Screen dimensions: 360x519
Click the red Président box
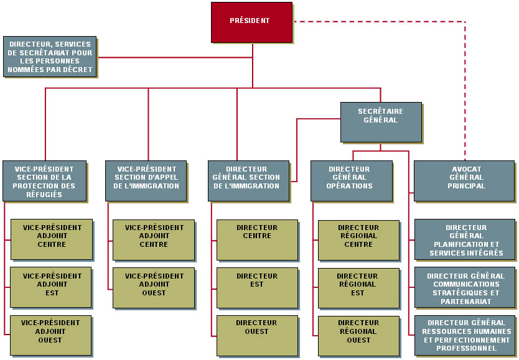pos(251,22)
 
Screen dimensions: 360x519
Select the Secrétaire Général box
pos(380,121)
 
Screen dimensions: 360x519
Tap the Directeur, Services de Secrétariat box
pos(49,56)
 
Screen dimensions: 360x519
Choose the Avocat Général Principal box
pos(465,180)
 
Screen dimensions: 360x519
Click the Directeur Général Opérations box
pos(351,180)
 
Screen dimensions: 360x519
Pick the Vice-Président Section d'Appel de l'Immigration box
pos(146,180)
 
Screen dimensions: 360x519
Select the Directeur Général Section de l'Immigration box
pos(248,180)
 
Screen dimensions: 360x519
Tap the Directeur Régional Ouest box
pos(358,336)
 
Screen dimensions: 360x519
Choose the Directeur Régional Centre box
pos(358,239)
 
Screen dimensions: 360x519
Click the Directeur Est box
pos(256,287)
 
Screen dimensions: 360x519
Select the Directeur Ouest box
pos(256,336)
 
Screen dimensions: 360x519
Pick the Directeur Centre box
pos(256,239)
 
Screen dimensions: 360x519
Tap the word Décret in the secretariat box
pos(81,70)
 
